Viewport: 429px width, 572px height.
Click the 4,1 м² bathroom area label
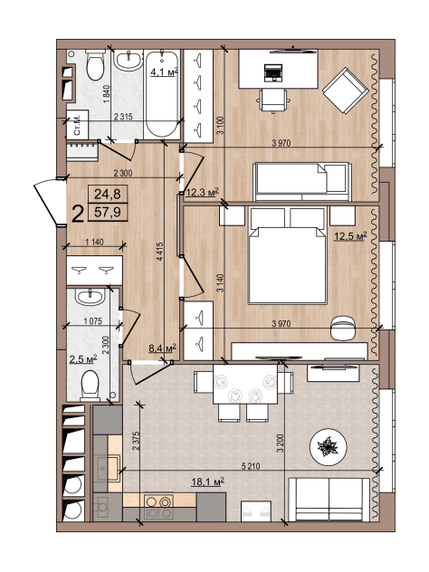pyautogui.click(x=164, y=71)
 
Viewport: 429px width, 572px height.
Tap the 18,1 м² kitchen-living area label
pyautogui.click(x=207, y=481)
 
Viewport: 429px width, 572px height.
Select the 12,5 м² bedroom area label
pyautogui.click(x=350, y=236)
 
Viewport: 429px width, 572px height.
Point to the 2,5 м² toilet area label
pyautogui.click(x=83, y=358)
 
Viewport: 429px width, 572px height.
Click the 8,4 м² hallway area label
pyautogui.click(x=162, y=348)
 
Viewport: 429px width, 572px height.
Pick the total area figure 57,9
pyautogui.click(x=107, y=212)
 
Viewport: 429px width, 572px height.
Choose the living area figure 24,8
pyautogui.click(x=107, y=194)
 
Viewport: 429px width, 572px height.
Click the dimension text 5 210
pyautogui.click(x=251, y=466)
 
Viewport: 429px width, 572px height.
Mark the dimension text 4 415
pyautogui.click(x=160, y=252)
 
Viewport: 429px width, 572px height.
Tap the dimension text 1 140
pyautogui.click(x=94, y=242)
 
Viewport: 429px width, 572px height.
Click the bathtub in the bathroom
pyautogui.click(x=162, y=94)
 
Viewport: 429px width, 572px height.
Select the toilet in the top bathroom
pyautogui.click(x=96, y=65)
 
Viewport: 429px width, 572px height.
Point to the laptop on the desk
pyautogui.click(x=273, y=72)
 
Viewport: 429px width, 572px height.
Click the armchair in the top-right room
pyautogui.click(x=345, y=91)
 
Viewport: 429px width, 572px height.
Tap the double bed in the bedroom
pyautogui.click(x=287, y=255)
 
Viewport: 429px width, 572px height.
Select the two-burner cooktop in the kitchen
pyautogui.click(x=158, y=507)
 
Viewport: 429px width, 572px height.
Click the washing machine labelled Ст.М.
pyautogui.click(x=77, y=124)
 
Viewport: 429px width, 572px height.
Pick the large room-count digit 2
pyautogui.click(x=78, y=214)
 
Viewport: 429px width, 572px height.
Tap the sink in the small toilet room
pyautogui.click(x=90, y=296)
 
